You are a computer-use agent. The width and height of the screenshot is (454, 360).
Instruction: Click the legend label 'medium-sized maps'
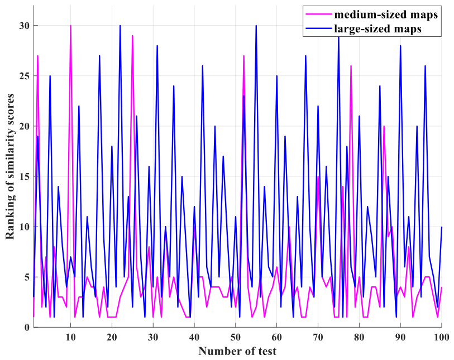click(386, 15)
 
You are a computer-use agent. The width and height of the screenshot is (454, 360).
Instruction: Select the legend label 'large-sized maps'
click(378, 28)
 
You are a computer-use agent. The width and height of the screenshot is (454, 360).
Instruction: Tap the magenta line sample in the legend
click(318, 14)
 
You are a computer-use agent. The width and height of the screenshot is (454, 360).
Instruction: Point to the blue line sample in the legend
click(318, 28)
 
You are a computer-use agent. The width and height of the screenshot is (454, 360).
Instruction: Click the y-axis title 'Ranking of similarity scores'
click(10, 166)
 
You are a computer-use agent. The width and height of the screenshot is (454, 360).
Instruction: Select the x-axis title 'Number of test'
click(237, 351)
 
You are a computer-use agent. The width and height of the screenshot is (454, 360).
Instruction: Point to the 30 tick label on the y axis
click(25, 26)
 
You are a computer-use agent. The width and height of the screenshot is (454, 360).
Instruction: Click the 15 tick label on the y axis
click(25, 176)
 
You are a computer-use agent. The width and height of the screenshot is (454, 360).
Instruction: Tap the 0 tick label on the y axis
click(27, 327)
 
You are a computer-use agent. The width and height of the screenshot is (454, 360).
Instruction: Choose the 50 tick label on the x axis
click(236, 337)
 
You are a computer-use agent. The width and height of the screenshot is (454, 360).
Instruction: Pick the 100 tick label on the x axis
click(441, 337)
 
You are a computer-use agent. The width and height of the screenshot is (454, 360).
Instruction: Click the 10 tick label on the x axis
click(70, 337)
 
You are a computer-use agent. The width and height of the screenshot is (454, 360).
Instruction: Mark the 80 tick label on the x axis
click(359, 337)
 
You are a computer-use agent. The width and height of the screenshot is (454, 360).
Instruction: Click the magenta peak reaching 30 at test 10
click(70, 26)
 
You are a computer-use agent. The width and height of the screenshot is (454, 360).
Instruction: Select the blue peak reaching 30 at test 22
click(120, 26)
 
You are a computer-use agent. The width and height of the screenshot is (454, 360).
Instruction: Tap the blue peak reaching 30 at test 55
click(256, 26)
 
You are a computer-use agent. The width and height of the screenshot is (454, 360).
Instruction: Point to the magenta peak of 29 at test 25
click(132, 36)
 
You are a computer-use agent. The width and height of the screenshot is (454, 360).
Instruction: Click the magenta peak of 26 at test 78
click(351, 66)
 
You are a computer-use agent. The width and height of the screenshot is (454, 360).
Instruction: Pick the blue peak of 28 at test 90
click(400, 46)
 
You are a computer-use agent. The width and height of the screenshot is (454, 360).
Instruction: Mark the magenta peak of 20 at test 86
click(384, 126)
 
